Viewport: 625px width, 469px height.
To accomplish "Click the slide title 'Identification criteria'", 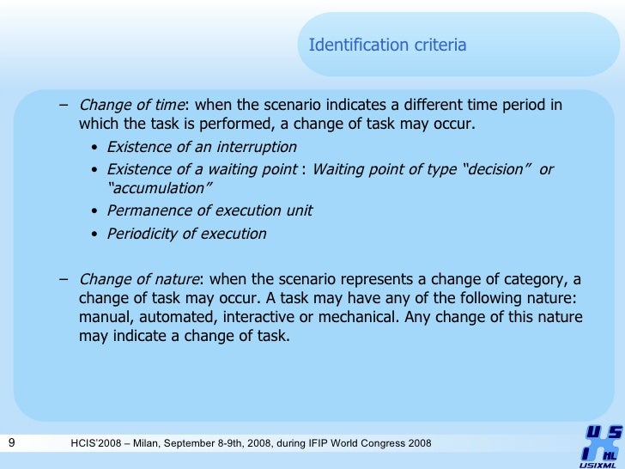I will coord(387,45).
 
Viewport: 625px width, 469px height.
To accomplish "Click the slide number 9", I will coord(11,443).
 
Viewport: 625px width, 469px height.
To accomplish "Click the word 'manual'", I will coord(101,318).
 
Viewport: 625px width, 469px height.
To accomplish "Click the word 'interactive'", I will coord(263,318).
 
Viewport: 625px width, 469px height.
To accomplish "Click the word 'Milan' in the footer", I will coord(154,443).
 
